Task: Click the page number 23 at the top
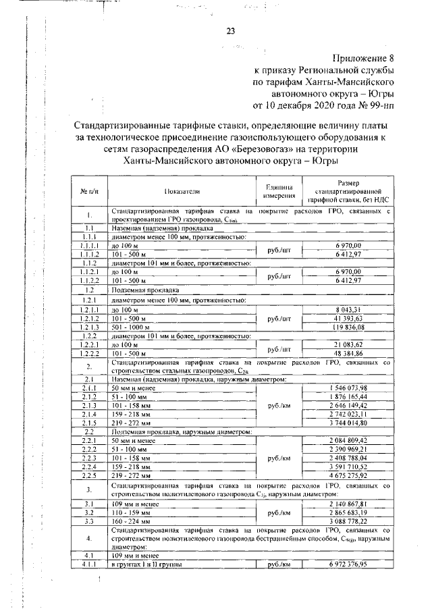click(230, 30)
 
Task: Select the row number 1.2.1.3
click(89, 327)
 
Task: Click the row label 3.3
click(89, 521)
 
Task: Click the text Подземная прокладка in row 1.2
click(144, 290)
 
